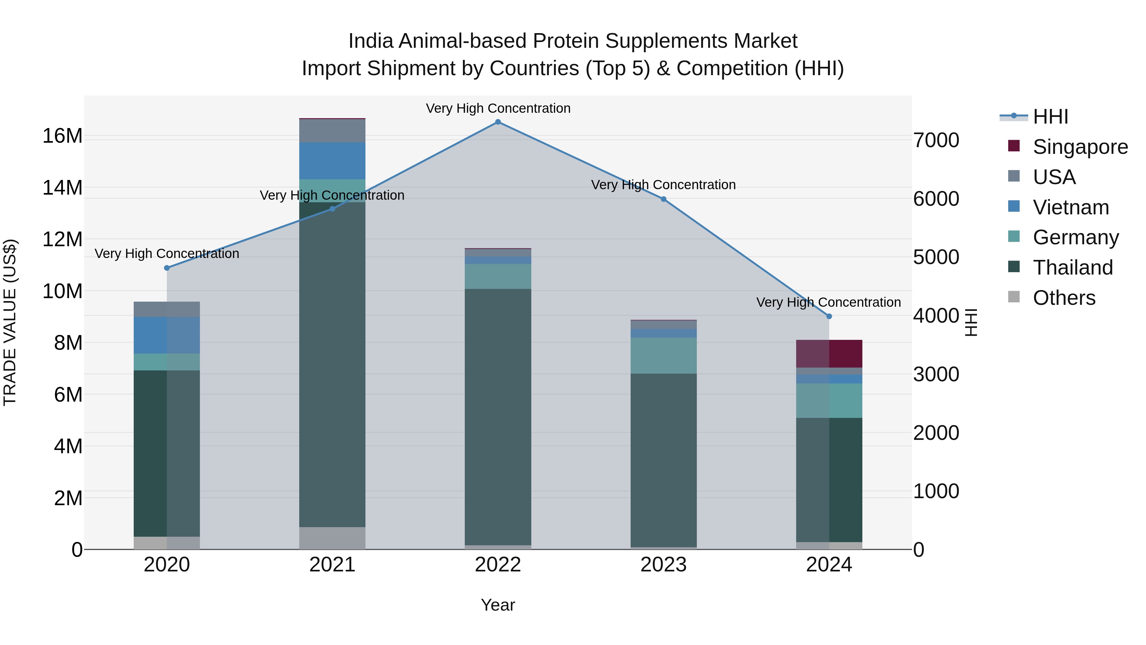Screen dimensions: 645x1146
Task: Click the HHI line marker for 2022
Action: coord(498,122)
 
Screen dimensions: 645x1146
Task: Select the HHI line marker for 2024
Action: coord(829,317)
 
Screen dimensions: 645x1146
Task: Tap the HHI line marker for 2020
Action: coord(167,268)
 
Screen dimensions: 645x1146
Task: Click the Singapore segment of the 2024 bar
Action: coord(829,354)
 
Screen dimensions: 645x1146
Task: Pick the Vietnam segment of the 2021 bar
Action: coord(332,161)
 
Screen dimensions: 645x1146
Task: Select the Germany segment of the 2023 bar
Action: coord(663,356)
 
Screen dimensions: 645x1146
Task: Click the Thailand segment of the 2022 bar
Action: coord(498,417)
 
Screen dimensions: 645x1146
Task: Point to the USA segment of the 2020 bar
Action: coord(167,309)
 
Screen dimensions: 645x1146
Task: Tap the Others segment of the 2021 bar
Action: coord(332,538)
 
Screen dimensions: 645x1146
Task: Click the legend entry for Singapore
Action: coord(1080,147)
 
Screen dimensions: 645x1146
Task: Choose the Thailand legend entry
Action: coord(1072,268)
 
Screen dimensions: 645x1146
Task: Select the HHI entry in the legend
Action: coord(1050,117)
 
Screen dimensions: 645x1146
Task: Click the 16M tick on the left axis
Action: coord(62,136)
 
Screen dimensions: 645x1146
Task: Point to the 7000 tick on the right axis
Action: coord(936,140)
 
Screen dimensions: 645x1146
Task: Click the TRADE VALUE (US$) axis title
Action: coord(10,322)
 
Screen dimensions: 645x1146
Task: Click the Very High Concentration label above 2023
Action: coord(663,185)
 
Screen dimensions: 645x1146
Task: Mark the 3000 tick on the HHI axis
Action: coord(936,374)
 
